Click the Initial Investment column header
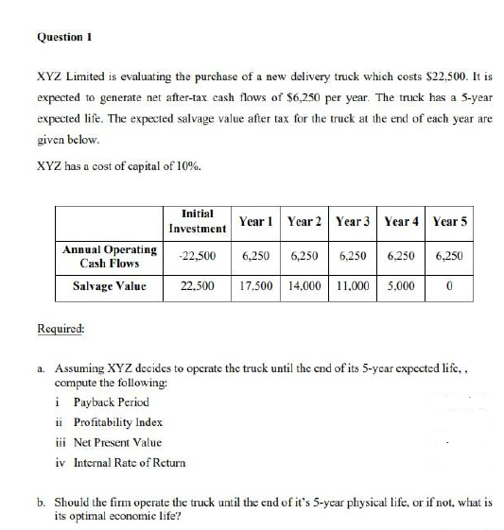197,221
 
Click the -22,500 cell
197,256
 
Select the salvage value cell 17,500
257,284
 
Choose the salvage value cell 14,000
304,284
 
